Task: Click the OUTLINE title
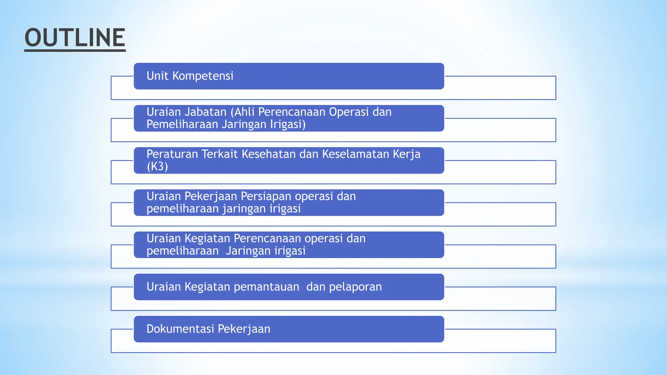coord(75,38)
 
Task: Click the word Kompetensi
coord(203,76)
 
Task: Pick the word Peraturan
coord(172,154)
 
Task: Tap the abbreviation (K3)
coord(157,167)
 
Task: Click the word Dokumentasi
coord(180,329)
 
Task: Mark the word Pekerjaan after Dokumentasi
coord(244,329)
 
